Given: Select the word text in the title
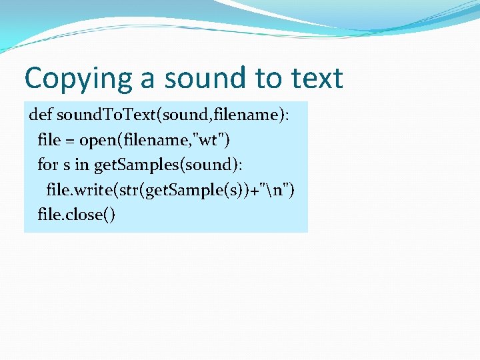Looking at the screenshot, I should [x=316, y=79].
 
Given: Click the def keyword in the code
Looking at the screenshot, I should [x=41, y=115].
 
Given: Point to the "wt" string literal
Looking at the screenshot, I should [x=213, y=141].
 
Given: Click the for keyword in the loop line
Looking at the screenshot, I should [x=47, y=165].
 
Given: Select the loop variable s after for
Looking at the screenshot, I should [x=67, y=165].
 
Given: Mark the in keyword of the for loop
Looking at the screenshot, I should [x=83, y=165].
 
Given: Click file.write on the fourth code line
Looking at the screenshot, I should [x=79, y=191].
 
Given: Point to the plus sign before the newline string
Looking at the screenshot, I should [x=257, y=191].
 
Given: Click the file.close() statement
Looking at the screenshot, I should [x=77, y=215].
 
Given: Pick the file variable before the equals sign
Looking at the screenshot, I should [x=49, y=141].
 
